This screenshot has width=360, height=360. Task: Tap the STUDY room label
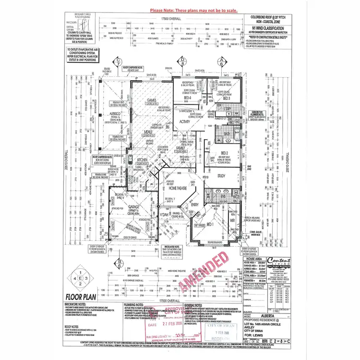(220, 176)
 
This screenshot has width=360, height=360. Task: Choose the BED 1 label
(210, 225)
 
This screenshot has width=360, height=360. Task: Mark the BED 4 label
(187, 98)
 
